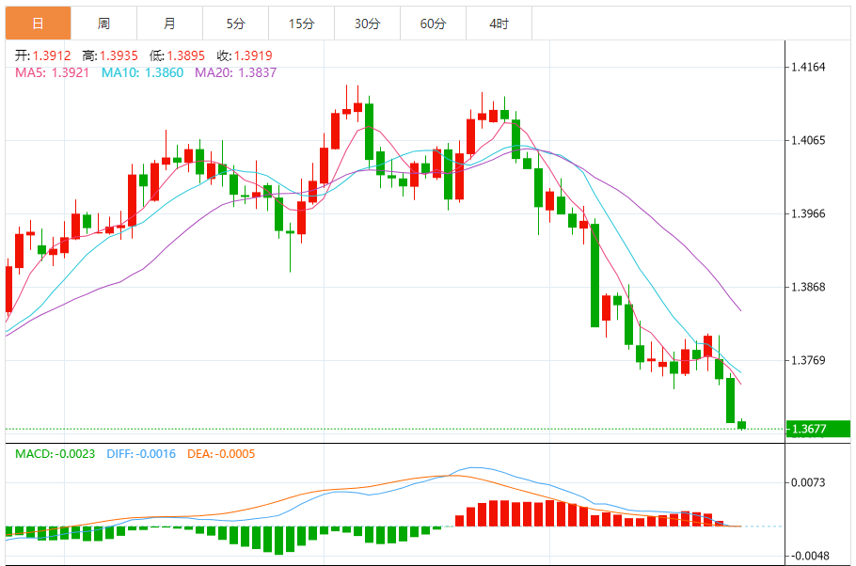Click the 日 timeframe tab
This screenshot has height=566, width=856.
(38, 24)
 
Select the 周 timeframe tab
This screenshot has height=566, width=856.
(103, 24)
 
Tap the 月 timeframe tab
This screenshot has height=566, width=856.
(169, 24)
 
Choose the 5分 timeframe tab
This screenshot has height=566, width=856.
(235, 24)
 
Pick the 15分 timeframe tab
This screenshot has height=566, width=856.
(301, 24)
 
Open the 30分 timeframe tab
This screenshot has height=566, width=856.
(367, 24)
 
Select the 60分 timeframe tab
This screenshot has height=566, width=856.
(433, 24)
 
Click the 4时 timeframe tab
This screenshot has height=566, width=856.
(499, 24)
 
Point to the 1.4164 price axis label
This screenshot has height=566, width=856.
(808, 67)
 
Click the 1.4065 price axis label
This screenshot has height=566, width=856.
(808, 140)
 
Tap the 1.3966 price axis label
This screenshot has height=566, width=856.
(808, 213)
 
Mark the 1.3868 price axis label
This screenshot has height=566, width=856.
(808, 287)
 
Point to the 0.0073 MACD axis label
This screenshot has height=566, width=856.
(808, 482)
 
